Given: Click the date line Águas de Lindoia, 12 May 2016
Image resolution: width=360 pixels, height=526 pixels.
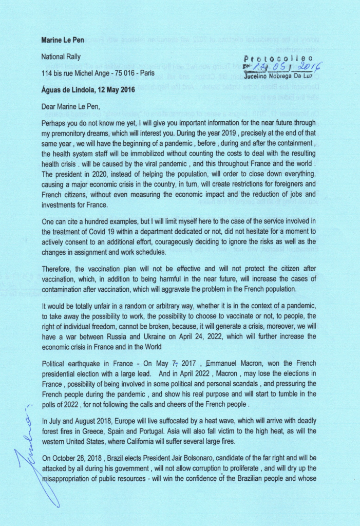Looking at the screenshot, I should (x=88, y=90).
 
